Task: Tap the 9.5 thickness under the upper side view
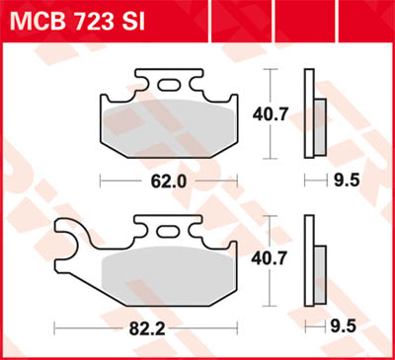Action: pyautogui.click(x=343, y=181)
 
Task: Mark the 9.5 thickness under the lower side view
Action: pyautogui.click(x=343, y=324)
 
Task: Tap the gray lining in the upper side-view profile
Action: pyautogui.click(x=322, y=116)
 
